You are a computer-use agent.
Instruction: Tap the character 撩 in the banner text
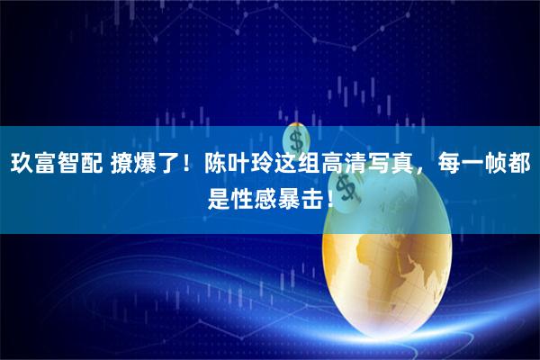tap(121, 166)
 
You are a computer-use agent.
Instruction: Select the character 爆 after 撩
tap(148, 166)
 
